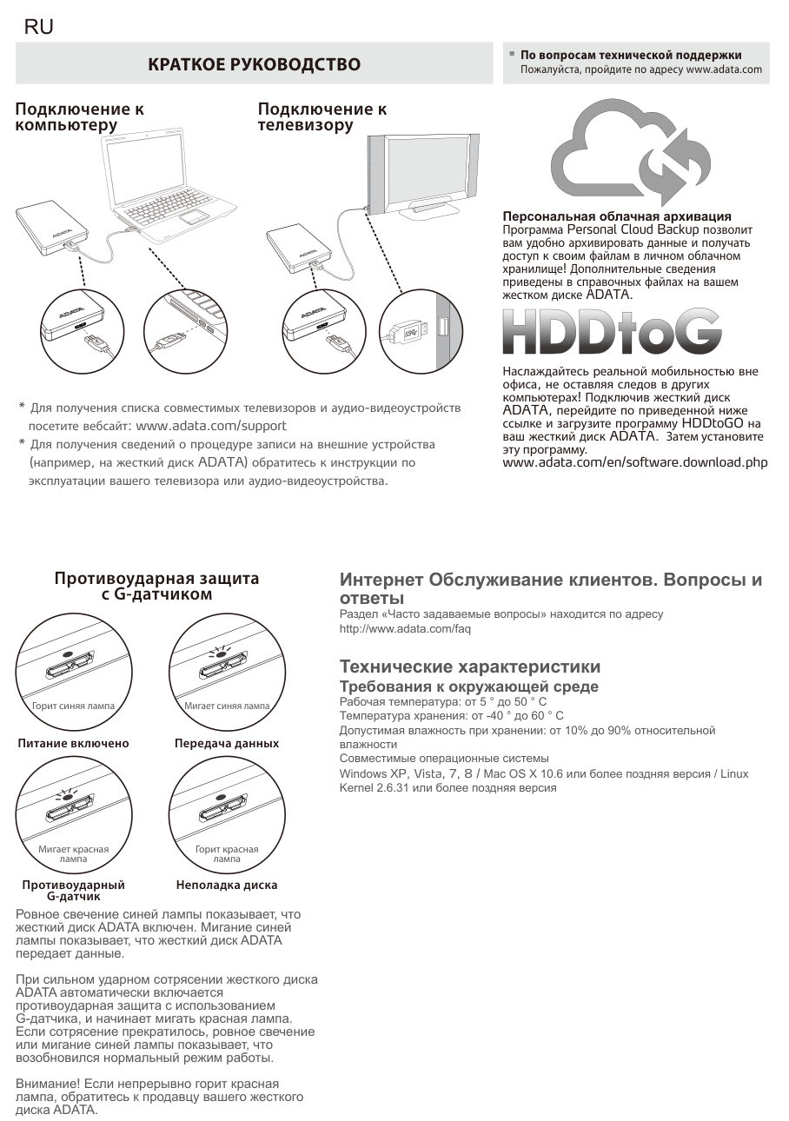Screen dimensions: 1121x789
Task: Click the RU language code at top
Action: (x=39, y=27)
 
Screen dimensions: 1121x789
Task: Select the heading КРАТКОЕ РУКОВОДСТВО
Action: (x=254, y=64)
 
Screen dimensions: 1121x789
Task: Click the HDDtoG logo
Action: (x=612, y=332)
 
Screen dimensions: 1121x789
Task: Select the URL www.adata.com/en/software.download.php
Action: (x=635, y=462)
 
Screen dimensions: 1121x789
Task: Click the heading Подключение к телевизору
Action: (x=322, y=117)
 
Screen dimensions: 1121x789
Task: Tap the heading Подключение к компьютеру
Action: (x=80, y=117)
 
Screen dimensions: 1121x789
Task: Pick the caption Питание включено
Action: (x=73, y=744)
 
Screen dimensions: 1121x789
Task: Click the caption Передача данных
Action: (x=227, y=744)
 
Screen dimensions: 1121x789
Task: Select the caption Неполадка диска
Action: (x=227, y=886)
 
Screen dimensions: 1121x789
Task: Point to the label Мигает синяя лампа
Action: (x=227, y=706)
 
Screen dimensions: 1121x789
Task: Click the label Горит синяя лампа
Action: (x=73, y=706)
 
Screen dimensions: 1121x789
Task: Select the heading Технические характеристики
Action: (x=469, y=667)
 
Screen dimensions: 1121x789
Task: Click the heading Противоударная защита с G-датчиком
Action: (x=156, y=587)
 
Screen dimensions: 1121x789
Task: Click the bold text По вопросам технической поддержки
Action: (x=631, y=56)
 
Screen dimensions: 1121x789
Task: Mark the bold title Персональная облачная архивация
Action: (x=617, y=216)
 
